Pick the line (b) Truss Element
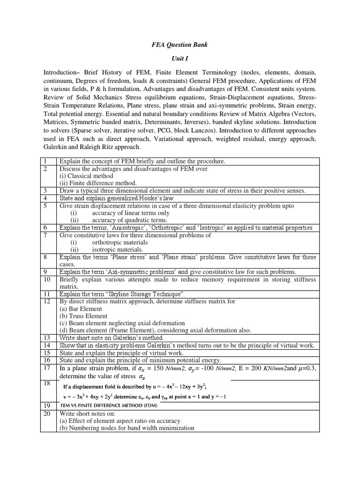coord(83,316)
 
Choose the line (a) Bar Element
coord(81,309)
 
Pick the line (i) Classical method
coord(86,176)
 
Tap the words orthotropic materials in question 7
coord(120,242)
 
